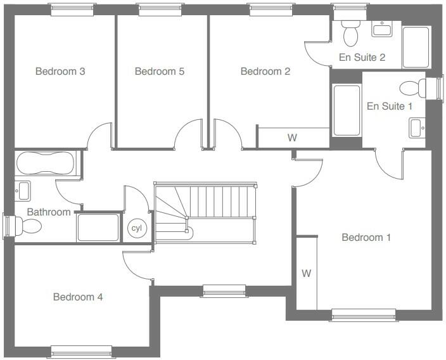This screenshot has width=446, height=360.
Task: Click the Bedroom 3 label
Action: [x=60, y=72]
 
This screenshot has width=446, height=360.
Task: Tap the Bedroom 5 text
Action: [x=160, y=72]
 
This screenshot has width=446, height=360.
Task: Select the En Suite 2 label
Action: [x=362, y=58]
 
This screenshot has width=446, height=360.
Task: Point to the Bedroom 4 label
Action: [x=78, y=297]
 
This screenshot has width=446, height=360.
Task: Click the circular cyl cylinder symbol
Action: [x=136, y=228]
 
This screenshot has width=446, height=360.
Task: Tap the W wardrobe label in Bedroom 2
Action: [x=292, y=138]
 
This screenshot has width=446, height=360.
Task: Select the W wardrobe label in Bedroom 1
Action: [x=307, y=274]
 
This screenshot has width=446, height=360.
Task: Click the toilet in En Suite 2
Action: [x=350, y=29]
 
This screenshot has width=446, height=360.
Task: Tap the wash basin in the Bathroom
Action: [x=23, y=190]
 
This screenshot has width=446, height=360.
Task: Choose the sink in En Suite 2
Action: [x=383, y=29]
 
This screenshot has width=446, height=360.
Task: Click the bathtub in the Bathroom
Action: [x=45, y=164]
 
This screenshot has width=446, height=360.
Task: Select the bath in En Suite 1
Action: [x=347, y=110]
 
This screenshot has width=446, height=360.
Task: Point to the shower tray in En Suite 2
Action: [x=416, y=47]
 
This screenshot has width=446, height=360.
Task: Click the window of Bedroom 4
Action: [x=81, y=351]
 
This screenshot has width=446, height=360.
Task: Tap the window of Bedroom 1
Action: [x=364, y=314]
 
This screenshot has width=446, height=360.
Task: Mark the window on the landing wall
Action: [x=224, y=291]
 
